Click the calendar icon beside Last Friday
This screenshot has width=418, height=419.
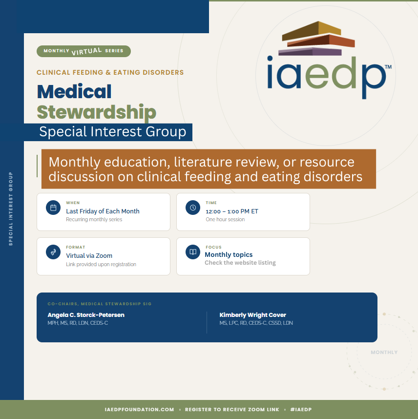(53, 208)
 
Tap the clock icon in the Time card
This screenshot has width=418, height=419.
(193, 208)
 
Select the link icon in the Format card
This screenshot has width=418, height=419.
(53, 252)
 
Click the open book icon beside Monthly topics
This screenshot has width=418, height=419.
(193, 252)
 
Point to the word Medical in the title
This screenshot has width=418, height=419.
(74, 92)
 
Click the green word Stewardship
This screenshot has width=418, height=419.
(96, 112)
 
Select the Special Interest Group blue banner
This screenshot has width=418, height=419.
(112, 132)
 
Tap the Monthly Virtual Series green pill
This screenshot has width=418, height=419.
(84, 51)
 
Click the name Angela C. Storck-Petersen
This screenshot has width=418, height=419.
(86, 315)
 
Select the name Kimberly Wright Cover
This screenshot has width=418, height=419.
(252, 315)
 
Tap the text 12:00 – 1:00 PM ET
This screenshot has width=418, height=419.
(232, 211)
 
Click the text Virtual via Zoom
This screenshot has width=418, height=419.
(89, 255)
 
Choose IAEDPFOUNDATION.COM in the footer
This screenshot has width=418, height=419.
(139, 410)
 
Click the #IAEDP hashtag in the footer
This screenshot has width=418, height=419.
(301, 410)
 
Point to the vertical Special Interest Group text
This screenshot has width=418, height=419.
(11, 209)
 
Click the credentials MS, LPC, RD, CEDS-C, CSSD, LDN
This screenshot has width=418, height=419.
(256, 323)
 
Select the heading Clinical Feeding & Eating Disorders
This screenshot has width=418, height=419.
(110, 73)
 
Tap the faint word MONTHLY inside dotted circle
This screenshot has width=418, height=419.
(384, 352)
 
